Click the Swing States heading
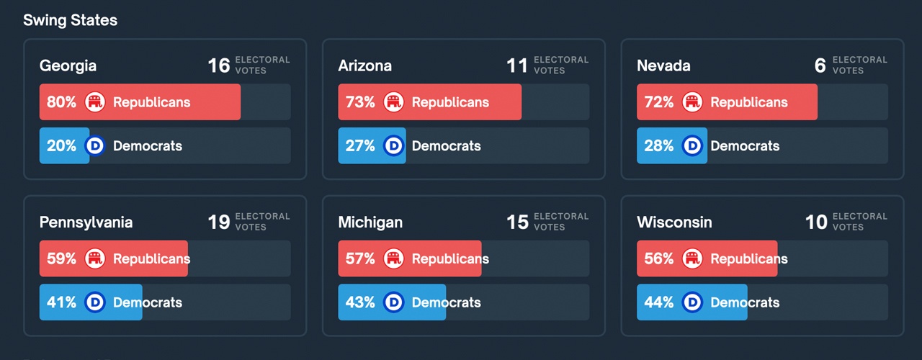tap(70, 20)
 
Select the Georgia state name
tap(68, 66)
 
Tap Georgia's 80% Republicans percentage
tap(61, 102)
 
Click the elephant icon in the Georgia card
tap(95, 102)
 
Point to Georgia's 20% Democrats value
tap(61, 145)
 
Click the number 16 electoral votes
tap(219, 66)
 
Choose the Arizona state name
tap(365, 66)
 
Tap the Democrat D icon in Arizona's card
tap(394, 145)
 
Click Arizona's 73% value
tap(360, 102)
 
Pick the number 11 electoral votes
tap(517, 66)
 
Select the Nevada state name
tap(663, 66)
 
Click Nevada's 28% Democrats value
tap(659, 145)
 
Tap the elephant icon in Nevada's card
tap(692, 102)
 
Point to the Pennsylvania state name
tap(86, 222)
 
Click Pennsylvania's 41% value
tap(61, 302)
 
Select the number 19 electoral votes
tap(219, 222)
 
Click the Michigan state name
tap(370, 222)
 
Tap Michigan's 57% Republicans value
tap(360, 258)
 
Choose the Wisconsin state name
tap(674, 222)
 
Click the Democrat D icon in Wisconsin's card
tap(692, 302)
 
